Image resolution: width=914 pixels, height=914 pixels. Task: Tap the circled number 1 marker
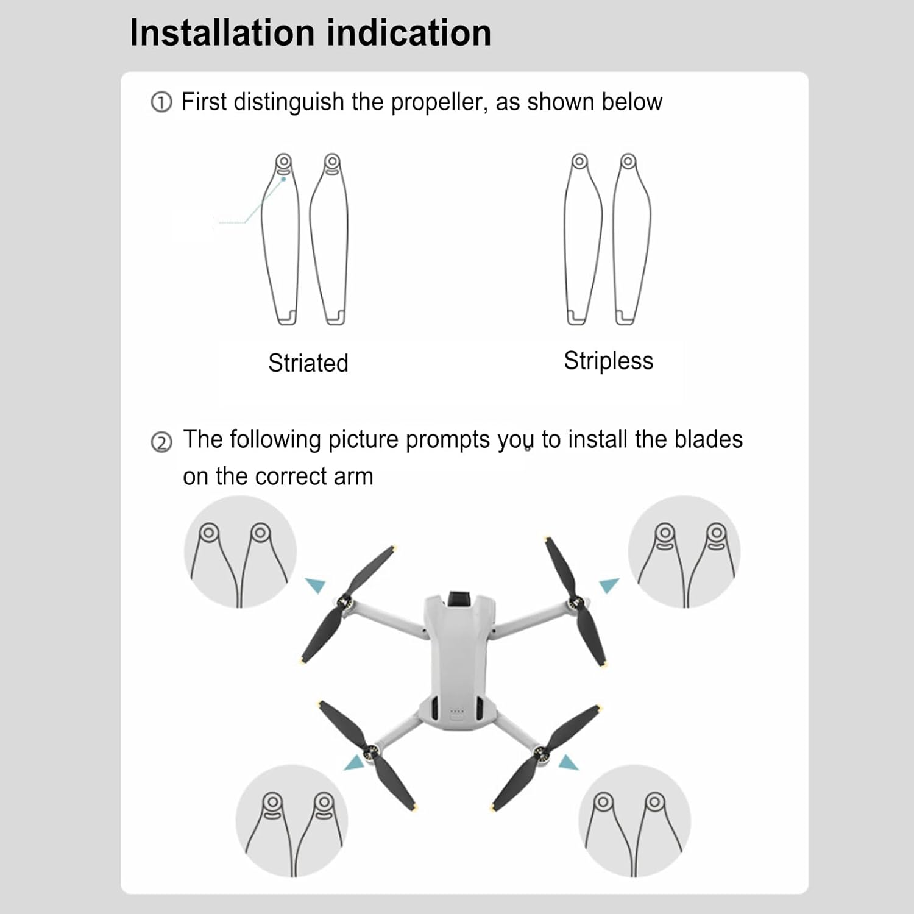(161, 102)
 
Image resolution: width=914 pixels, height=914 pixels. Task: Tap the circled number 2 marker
(161, 442)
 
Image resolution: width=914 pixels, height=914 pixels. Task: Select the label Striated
(308, 363)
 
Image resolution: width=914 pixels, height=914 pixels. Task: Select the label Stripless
(608, 361)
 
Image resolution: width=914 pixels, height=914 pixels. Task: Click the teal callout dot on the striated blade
(283, 179)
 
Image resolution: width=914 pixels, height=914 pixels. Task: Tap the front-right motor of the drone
(575, 604)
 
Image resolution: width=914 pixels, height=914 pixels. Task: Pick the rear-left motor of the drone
(370, 753)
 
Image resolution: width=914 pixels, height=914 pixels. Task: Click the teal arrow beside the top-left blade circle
(316, 585)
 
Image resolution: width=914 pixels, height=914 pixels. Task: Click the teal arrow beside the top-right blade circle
(609, 586)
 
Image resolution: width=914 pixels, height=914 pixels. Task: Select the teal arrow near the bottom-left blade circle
(355, 762)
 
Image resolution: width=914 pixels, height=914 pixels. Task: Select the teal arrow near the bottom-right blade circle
(569, 762)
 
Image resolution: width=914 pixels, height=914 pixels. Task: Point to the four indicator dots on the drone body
(457, 711)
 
